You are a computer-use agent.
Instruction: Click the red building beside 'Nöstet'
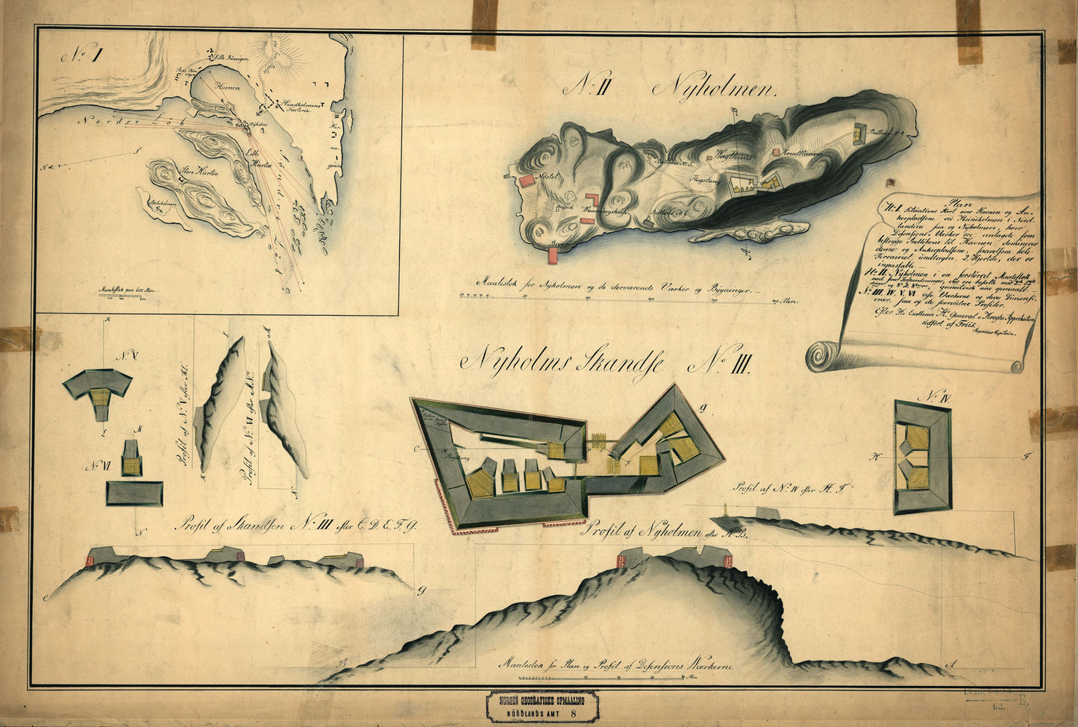(x=528, y=179)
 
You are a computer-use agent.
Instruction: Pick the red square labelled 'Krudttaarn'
(x=777, y=152)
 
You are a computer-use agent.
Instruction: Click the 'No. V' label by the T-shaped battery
(x=120, y=354)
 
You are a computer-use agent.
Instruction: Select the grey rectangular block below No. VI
(x=134, y=493)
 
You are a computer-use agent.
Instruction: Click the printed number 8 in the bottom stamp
(x=573, y=712)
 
